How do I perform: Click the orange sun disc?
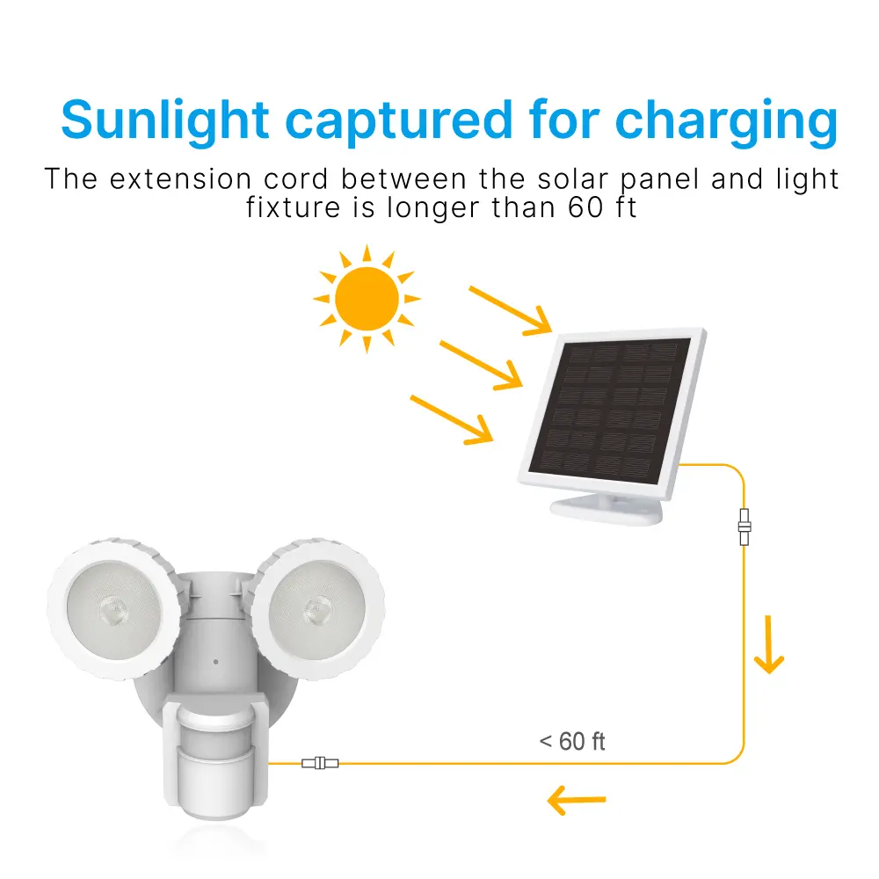367,298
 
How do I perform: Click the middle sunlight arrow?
482,364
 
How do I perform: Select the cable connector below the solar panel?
745,527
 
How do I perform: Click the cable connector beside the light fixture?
320,763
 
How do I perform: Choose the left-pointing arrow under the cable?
577,800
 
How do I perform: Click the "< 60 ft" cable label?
572,742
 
